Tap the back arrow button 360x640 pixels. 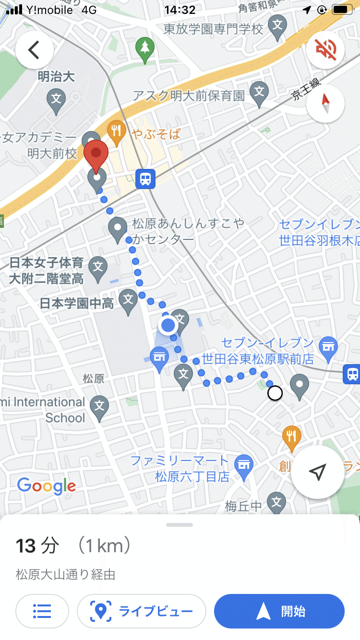(34, 50)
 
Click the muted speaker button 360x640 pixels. (325, 50)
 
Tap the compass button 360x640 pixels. (325, 104)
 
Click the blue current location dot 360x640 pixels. (168, 325)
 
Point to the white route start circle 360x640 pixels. (275, 393)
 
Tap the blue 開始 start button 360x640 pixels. (279, 611)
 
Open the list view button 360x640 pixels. (42, 611)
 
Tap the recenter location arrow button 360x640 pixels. (318, 472)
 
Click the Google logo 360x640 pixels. (47, 486)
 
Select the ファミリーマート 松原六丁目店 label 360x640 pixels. (180, 469)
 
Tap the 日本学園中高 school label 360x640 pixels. (77, 303)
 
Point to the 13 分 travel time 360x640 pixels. (38, 545)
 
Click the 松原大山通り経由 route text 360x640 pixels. (65, 574)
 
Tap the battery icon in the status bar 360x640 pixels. (343, 10)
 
